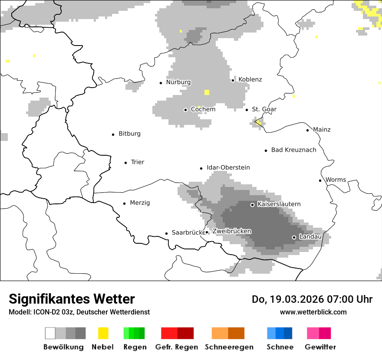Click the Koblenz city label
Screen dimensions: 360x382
click(x=250, y=79)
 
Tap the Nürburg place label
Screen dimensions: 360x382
click(x=178, y=82)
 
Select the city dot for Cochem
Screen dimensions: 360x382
click(x=185, y=110)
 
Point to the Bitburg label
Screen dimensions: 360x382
click(x=129, y=134)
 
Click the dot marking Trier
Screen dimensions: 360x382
click(x=126, y=163)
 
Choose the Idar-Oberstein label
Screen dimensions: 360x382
click(x=228, y=167)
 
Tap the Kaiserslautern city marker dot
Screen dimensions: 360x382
click(x=252, y=205)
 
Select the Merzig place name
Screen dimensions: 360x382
click(x=140, y=203)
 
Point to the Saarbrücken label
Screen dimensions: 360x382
click(x=188, y=232)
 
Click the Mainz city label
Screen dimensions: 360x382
click(x=321, y=129)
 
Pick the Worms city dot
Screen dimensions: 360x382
click(x=320, y=180)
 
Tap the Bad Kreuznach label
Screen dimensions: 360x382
click(x=293, y=150)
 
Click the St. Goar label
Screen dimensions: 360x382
click(x=264, y=109)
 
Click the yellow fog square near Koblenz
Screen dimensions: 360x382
click(x=207, y=92)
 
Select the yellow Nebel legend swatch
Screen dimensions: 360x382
click(x=103, y=333)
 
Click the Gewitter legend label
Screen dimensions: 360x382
click(x=320, y=347)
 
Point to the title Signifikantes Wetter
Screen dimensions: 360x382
click(x=72, y=299)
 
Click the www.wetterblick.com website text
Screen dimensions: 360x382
click(x=313, y=312)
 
